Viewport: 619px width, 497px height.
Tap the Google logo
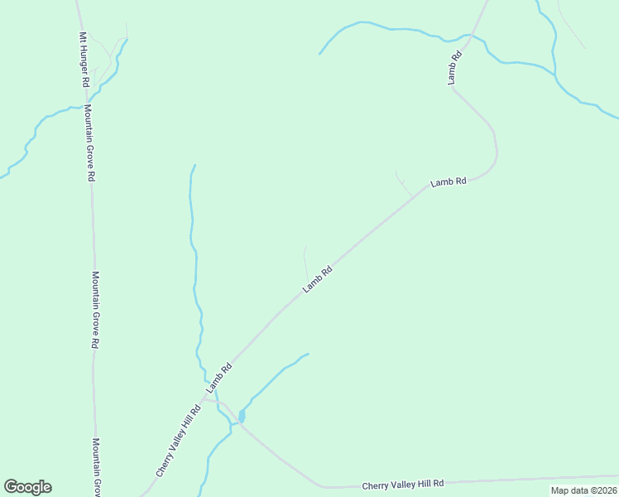(x=27, y=487)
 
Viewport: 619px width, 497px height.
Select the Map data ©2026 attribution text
(x=583, y=490)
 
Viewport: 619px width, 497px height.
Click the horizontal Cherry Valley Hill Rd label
(x=404, y=484)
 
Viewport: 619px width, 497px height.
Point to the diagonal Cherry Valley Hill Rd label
(x=179, y=441)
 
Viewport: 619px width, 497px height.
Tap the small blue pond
(x=241, y=415)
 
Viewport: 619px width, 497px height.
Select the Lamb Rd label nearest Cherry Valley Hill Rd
(x=216, y=377)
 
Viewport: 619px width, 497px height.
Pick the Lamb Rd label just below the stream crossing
(x=454, y=68)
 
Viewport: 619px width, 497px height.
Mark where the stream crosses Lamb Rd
(x=471, y=36)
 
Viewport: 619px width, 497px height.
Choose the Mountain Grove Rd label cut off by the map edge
(x=96, y=467)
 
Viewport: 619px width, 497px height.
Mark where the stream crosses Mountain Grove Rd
(x=84, y=105)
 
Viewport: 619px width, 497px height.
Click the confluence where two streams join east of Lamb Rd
(x=554, y=75)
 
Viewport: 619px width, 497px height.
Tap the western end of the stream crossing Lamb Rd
(x=319, y=54)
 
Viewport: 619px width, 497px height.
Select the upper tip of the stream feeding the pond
(x=308, y=354)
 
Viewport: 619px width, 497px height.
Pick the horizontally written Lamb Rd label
(x=449, y=181)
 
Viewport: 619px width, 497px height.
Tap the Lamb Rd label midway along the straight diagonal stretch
(x=317, y=278)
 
